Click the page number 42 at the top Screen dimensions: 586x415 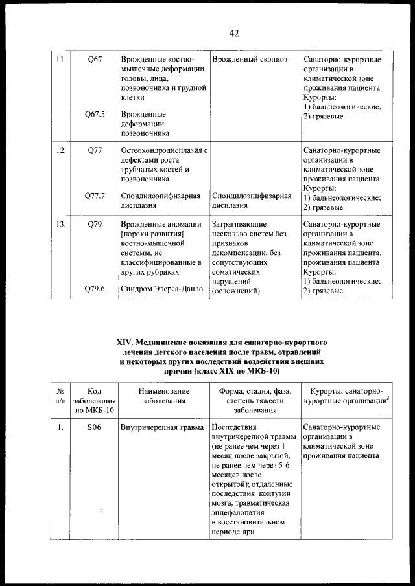(234, 34)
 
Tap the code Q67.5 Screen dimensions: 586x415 (95, 115)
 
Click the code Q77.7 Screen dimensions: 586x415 (95, 196)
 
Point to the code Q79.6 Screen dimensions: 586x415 (95, 289)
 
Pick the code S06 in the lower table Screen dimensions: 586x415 (95, 427)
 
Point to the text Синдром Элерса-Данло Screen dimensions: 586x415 (162, 289)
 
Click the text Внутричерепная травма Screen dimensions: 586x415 (162, 427)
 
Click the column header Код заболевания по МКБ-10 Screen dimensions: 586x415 (95, 401)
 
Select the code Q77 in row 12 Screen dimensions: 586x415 (95, 151)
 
